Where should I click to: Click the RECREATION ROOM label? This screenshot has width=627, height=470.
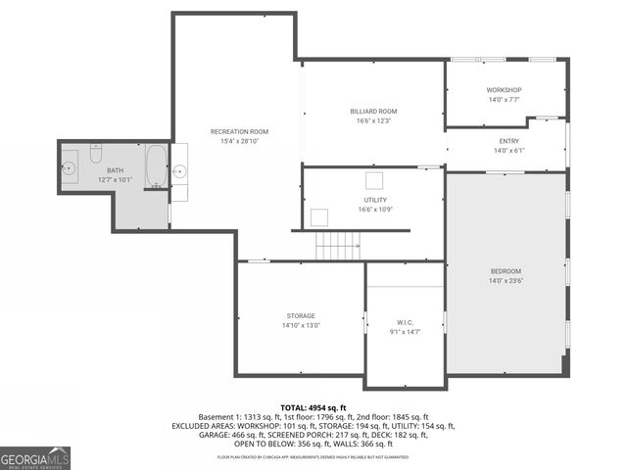pos(239,131)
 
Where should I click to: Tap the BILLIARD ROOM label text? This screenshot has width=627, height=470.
pos(374,112)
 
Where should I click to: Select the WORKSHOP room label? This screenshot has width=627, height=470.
pos(505,90)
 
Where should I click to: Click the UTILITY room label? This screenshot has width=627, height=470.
pos(375,200)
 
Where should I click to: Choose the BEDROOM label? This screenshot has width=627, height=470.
pos(506,271)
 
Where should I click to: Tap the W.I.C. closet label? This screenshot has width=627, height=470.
pos(404,322)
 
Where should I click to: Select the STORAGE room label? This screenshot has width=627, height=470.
pos(301,316)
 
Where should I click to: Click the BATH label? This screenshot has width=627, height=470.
pos(114,170)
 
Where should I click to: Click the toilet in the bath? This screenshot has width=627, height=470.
pos(95,154)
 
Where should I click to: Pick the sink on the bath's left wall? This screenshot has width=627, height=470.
pos(72,168)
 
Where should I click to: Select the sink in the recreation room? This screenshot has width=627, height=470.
pos(179,170)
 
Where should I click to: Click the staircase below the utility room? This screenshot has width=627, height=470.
pos(338,245)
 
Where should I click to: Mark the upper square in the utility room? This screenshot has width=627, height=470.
pos(373,179)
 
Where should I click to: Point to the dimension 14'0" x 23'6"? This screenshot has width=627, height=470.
pos(506,281)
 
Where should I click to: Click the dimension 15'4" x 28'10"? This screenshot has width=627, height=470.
pos(239,141)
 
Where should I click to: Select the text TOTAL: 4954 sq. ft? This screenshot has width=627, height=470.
pos(313,407)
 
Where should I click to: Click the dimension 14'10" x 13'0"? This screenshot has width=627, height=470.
pos(301,325)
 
